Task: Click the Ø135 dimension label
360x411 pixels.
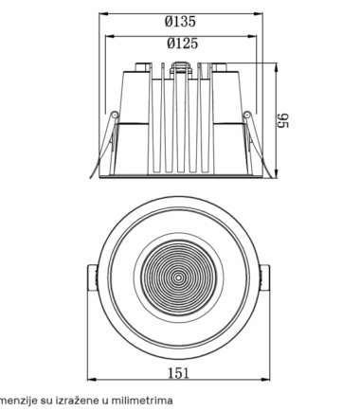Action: (180, 22)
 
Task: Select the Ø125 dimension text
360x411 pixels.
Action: (182, 44)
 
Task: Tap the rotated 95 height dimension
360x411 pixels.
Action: (283, 120)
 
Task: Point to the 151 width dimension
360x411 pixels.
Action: (178, 373)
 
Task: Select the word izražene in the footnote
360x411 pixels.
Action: (77, 401)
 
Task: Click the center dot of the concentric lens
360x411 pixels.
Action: (178, 277)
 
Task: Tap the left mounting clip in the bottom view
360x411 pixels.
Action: (92, 277)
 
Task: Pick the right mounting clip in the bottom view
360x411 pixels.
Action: (265, 277)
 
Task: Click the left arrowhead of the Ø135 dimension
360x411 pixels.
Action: (104, 14)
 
